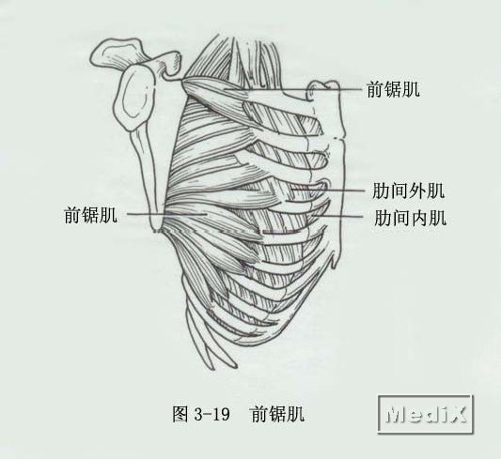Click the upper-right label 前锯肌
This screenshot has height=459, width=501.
coord(393,89)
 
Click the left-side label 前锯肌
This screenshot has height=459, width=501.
coord(91,215)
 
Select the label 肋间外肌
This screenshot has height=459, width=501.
coord(408,191)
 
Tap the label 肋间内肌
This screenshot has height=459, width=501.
coord(410,218)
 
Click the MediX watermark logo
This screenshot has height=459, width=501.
coord(426,414)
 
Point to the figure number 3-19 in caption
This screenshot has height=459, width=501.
coord(211,414)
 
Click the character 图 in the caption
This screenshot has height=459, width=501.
coord(180,414)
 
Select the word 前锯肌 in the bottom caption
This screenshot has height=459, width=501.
coord(277,414)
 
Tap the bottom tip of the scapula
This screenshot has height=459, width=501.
coord(157,230)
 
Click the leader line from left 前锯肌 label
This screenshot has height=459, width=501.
coord(167,214)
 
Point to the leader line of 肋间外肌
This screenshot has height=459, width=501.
coord(328,191)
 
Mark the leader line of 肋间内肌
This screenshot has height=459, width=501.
coord(337,217)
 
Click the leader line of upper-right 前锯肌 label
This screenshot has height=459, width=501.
coord(293,89)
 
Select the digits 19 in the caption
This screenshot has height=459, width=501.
coord(222,414)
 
